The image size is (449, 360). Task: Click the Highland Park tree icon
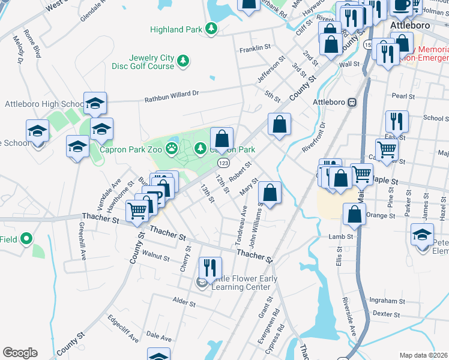click(x=210, y=28)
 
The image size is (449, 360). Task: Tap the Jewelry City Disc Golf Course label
click(x=144, y=62)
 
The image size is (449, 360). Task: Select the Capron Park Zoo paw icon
click(x=172, y=148)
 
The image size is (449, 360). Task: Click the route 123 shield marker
click(x=223, y=163)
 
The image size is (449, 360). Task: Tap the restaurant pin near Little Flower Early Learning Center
click(x=210, y=268)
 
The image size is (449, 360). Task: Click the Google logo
click(x=20, y=353)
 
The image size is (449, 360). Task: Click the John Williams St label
click(x=256, y=224)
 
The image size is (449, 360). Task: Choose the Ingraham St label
click(x=384, y=301)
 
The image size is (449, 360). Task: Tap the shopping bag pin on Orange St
click(x=355, y=215)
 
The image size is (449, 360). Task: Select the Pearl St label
click(x=403, y=96)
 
